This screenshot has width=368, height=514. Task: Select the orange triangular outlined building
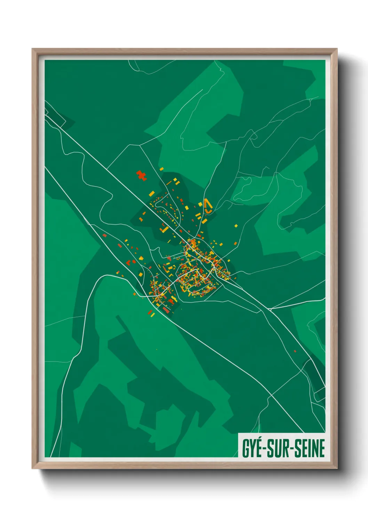[208, 206]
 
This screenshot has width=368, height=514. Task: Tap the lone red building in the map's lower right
[295, 351]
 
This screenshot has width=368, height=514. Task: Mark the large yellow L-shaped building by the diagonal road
[165, 229]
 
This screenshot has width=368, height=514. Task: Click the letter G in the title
[246, 448]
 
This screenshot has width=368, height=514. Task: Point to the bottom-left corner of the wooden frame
[33, 468]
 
